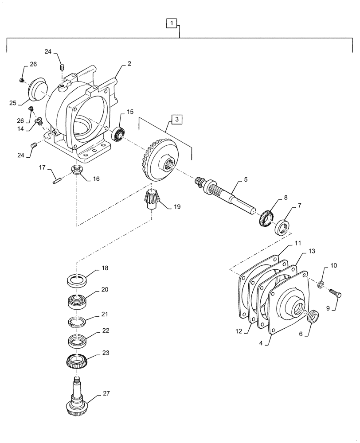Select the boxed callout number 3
coord(176,119)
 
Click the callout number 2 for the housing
coord(129,64)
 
